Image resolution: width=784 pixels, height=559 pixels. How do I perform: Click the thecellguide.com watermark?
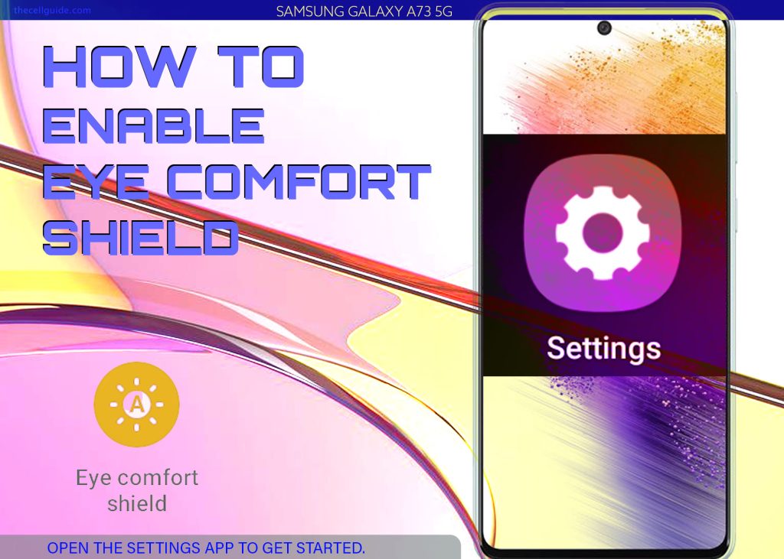(52, 10)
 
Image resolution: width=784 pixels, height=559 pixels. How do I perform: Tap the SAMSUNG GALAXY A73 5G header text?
(364, 11)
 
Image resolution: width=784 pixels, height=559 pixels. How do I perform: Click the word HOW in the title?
(119, 67)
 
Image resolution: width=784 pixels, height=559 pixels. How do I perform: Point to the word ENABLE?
(153, 125)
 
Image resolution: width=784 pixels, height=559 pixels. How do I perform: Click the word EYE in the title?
(96, 182)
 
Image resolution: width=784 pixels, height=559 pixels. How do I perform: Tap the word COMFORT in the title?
(299, 182)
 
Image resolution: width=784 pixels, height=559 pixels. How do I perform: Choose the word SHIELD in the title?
(141, 237)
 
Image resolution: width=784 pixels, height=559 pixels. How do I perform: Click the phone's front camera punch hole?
(604, 28)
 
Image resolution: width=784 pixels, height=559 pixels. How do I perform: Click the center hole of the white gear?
(603, 232)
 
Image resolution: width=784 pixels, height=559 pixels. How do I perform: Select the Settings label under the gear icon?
(603, 349)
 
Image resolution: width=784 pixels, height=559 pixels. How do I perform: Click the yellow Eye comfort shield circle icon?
(136, 405)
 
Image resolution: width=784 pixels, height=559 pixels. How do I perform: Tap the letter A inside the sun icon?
(136, 404)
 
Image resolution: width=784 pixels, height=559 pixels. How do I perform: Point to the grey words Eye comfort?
(137, 478)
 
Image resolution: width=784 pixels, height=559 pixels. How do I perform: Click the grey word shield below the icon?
(137, 503)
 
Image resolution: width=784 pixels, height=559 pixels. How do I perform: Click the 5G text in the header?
(443, 11)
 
